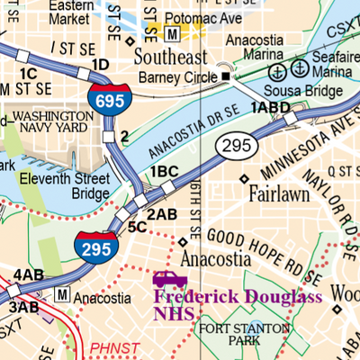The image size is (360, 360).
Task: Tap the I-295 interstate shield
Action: point(94,244)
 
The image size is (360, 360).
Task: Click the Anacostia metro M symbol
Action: point(62,293)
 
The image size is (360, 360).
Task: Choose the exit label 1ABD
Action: point(271,108)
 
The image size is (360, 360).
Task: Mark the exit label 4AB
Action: point(28,274)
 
